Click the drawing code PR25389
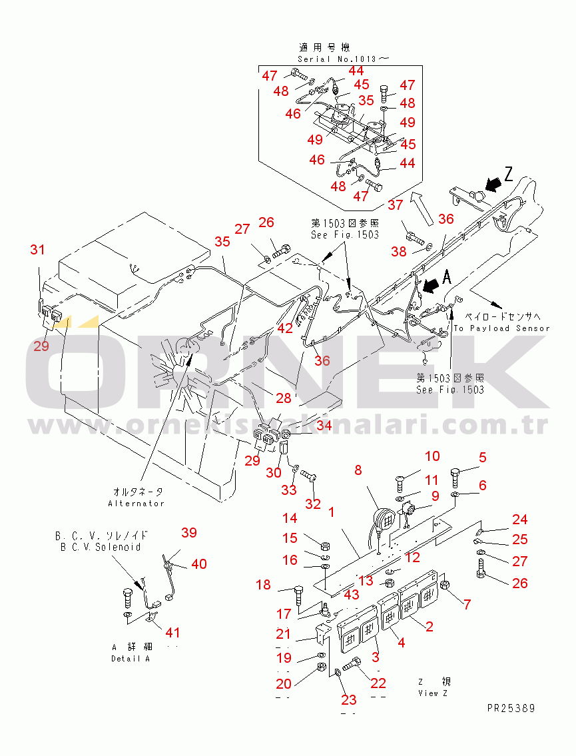coord(511,708)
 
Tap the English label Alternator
coord(136,504)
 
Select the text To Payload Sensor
coord(503,328)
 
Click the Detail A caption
coord(131,659)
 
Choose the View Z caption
coord(433,693)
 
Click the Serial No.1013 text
coord(344,59)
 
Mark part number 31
coord(37,250)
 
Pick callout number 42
coord(285,328)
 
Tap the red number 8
coord(358,470)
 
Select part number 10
coord(433,456)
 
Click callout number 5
coord(482,458)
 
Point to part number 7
coord(467,605)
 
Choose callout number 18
coord(264,585)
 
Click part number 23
coord(349,699)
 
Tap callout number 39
coord(189,532)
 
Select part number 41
coord(173,632)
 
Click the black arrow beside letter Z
coord(494,182)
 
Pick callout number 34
coord(324,426)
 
